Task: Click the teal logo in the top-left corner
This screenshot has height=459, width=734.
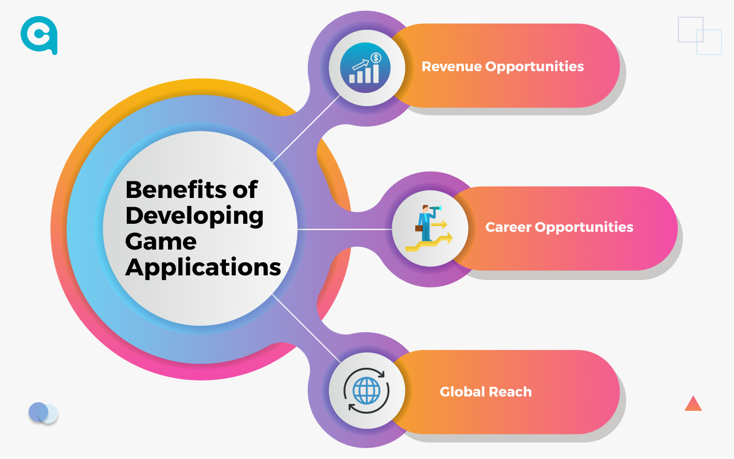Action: coord(39,35)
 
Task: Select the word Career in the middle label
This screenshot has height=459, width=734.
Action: coord(508,227)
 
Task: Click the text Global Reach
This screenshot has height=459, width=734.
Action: coord(486,392)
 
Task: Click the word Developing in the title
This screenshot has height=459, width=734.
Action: coord(194,216)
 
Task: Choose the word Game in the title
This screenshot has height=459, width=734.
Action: coord(161,242)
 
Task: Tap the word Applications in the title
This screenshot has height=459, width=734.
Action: coord(203,268)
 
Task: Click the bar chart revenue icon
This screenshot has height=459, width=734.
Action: coord(365,68)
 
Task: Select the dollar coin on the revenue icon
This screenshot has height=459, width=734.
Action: coord(376,58)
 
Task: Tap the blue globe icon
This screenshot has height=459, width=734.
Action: coord(366,391)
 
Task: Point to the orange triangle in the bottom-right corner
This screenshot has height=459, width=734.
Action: coord(693,404)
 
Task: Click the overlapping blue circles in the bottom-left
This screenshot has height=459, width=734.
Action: coord(43,413)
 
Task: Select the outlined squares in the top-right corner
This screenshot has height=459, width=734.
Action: coord(700,36)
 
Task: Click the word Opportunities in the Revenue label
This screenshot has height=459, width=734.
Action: coord(534,67)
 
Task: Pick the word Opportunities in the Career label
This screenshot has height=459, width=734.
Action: coord(584,228)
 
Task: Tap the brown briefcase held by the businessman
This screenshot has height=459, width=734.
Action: coord(419,228)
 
